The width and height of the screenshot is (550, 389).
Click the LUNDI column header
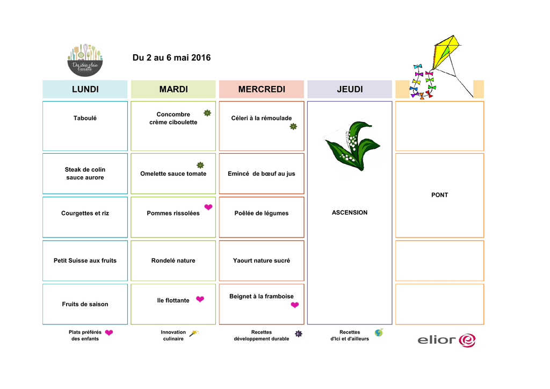[85, 89]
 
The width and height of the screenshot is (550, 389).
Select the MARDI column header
[173, 89]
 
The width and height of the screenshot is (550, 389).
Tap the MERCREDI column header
[261, 89]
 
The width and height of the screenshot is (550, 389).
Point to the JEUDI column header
[350, 89]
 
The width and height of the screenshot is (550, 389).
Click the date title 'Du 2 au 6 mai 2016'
[171, 57]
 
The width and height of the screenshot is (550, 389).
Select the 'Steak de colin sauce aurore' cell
[85, 174]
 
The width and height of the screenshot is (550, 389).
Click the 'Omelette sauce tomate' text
[173, 174]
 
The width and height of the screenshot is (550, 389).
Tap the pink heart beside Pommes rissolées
[208, 207]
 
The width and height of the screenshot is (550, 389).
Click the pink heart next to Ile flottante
[200, 299]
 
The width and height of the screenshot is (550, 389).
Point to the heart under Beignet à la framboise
[294, 305]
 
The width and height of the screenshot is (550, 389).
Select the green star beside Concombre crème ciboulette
[207, 113]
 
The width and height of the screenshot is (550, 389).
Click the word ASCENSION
[350, 213]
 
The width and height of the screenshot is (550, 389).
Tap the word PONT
[439, 195]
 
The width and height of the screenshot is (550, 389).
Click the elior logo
[446, 340]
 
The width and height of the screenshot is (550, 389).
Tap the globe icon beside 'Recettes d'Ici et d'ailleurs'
[379, 333]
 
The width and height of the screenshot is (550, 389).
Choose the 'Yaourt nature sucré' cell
[261, 261]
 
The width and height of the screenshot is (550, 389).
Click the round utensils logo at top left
[85, 59]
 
